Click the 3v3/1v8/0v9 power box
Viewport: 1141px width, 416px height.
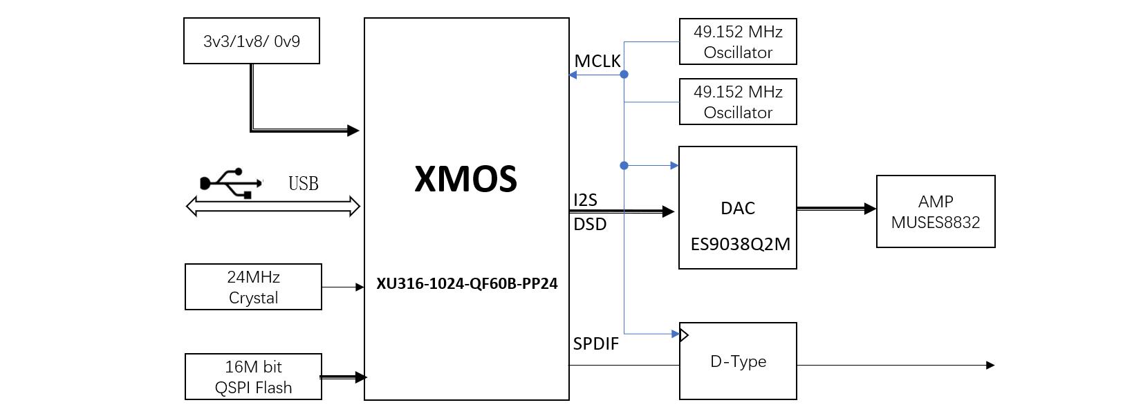pyautogui.click(x=252, y=41)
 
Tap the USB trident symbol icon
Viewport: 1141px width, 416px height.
pyautogui.click(x=231, y=183)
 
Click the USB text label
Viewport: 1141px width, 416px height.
pyautogui.click(x=303, y=184)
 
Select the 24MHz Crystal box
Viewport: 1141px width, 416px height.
pyautogui.click(x=253, y=287)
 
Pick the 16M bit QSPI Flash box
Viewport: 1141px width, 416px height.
pyautogui.click(x=253, y=377)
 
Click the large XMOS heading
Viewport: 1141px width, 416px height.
pyautogui.click(x=465, y=179)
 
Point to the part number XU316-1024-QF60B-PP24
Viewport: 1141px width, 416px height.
pyautogui.click(x=467, y=284)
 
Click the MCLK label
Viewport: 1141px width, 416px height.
pyautogui.click(x=597, y=62)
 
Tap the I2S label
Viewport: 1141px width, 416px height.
pyautogui.click(x=585, y=200)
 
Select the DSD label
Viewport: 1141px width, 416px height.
pyautogui.click(x=590, y=225)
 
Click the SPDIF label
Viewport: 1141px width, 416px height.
pyautogui.click(x=595, y=343)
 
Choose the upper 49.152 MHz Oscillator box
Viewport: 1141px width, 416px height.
pyautogui.click(x=738, y=41)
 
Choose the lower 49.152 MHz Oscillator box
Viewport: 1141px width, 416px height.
pyautogui.click(x=738, y=102)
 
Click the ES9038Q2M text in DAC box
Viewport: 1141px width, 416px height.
pyautogui.click(x=740, y=244)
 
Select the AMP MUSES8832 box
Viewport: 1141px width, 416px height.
pyautogui.click(x=935, y=211)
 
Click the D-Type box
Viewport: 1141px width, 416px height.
pyautogui.click(x=738, y=361)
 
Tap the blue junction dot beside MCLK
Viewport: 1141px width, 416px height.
pyautogui.click(x=624, y=74)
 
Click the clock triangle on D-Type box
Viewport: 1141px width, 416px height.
pyautogui.click(x=684, y=335)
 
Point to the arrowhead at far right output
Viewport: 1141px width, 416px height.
pyautogui.click(x=990, y=365)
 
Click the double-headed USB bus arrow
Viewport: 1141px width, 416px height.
pyautogui.click(x=273, y=206)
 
